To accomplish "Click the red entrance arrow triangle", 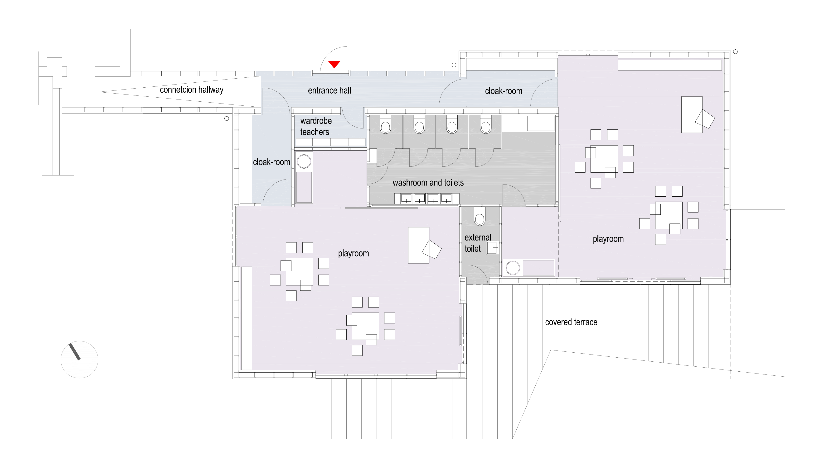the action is click(334, 64).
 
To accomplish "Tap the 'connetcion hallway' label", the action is click(191, 90).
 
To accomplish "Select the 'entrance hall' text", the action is click(329, 90).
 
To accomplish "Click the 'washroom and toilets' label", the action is click(428, 183).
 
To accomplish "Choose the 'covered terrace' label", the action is click(571, 322).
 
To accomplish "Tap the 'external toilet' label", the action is click(478, 243).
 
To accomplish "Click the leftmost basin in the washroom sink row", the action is click(406, 198).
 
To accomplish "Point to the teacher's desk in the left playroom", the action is click(419, 245).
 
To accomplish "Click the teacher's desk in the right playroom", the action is click(692, 114).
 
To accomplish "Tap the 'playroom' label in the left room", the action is click(353, 253).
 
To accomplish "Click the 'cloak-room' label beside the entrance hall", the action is click(504, 91).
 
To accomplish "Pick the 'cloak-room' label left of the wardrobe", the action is click(271, 162).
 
